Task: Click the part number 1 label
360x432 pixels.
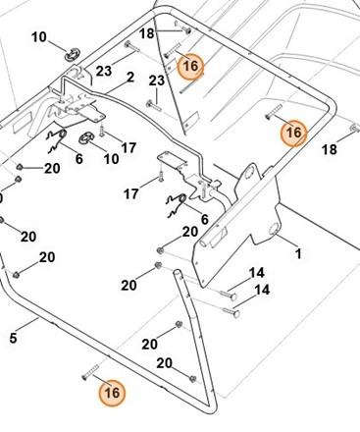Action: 298,253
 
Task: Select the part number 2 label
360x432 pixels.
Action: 131,77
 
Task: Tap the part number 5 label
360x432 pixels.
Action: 13,339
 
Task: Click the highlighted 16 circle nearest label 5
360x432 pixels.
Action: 113,393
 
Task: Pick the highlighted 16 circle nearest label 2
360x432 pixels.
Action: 190,65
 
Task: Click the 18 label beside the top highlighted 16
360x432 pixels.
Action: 146,34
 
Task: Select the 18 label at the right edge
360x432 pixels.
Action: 330,149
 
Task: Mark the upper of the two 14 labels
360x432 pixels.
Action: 256,272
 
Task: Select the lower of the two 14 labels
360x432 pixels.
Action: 262,290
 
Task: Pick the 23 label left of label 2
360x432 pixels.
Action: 103,70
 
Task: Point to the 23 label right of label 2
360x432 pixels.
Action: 155,81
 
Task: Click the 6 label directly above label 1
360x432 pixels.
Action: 204,218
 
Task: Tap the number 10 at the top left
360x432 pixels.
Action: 39,38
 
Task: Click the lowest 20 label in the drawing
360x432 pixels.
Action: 165,362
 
